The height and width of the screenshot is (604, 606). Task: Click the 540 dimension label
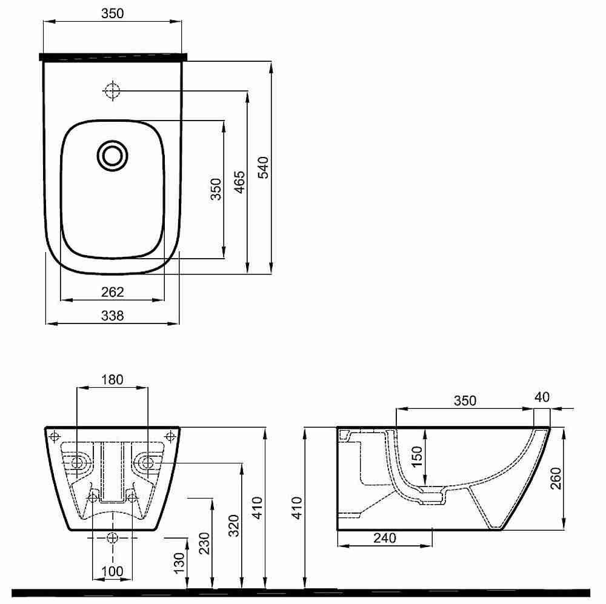(x=263, y=167)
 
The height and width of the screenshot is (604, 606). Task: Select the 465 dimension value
(x=239, y=182)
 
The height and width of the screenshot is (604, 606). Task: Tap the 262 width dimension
(x=113, y=292)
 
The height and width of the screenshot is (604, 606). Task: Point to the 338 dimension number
(x=113, y=316)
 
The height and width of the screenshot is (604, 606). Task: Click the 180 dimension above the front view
(x=112, y=379)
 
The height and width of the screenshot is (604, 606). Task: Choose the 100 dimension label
(x=112, y=571)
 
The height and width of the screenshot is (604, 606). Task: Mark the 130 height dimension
(x=179, y=563)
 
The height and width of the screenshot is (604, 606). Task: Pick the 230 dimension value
(x=204, y=543)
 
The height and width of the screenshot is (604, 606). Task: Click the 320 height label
(x=233, y=526)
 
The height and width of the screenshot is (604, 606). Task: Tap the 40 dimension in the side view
(x=542, y=397)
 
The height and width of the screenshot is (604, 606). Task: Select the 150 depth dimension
(x=418, y=456)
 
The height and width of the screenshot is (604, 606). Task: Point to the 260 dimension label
(x=556, y=478)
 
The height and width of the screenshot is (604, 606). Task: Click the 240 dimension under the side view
(x=385, y=538)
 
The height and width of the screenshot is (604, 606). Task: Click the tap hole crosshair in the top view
(x=112, y=91)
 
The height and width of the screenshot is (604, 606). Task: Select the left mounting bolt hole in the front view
(x=77, y=462)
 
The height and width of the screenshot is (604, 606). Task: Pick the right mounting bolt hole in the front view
(x=147, y=462)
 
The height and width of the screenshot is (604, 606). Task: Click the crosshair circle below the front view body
(x=113, y=537)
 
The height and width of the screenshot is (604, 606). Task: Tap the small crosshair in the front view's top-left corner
(x=55, y=437)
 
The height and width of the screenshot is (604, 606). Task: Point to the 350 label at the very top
(x=113, y=13)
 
